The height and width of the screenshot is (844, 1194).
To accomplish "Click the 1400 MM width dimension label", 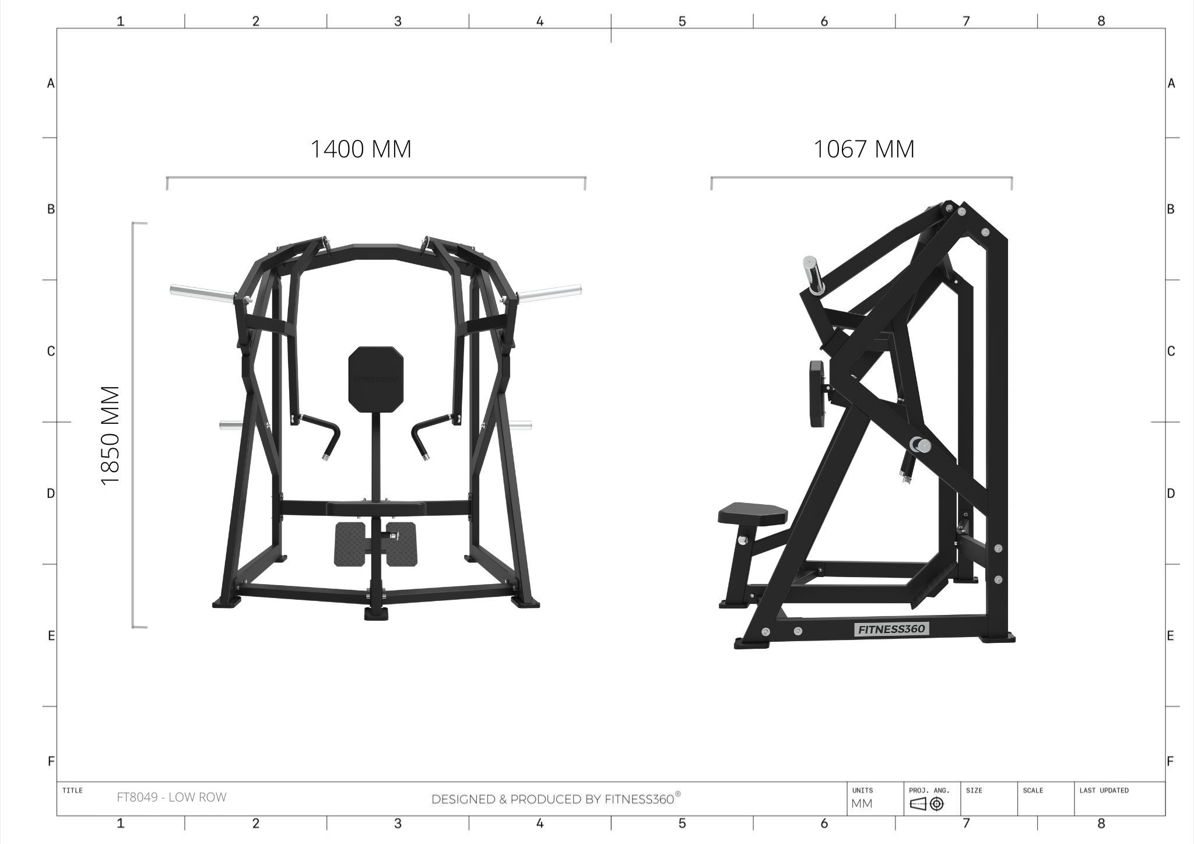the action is [361, 149].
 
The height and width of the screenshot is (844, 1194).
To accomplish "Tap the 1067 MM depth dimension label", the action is [864, 149].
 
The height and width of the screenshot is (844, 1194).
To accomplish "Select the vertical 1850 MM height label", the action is [110, 435].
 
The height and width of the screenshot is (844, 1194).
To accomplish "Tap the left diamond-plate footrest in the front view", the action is [350, 544].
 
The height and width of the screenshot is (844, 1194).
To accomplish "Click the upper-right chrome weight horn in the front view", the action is [550, 292].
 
